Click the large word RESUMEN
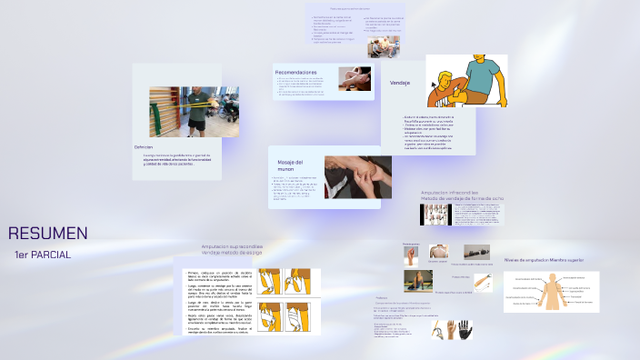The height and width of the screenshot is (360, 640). [x=48, y=234]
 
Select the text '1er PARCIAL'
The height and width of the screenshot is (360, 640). [x=43, y=255]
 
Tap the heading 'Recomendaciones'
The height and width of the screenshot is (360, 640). [x=296, y=72]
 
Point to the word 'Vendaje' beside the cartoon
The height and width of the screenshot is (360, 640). [x=400, y=84]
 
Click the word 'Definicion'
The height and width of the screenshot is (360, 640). [x=144, y=146]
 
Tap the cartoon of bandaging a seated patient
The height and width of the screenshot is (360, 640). [x=466, y=82]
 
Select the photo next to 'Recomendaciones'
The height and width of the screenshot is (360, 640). [x=355, y=78]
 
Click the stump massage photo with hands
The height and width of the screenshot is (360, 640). [x=358, y=176]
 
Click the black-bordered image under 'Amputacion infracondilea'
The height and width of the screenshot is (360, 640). [x=435, y=215]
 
